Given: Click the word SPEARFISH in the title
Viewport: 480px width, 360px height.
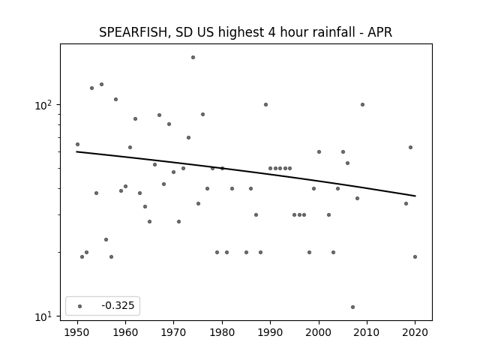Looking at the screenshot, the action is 134,32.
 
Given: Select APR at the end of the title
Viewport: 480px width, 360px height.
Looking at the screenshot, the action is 380,32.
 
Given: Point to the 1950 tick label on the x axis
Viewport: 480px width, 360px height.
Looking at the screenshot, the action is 77,332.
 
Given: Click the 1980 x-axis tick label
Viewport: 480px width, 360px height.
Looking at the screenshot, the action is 222,332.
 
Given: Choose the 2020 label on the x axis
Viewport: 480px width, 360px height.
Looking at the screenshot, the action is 415,332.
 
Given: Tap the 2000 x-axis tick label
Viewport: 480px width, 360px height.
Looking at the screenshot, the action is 319,332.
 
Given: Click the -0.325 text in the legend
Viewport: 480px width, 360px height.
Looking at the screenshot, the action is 118,305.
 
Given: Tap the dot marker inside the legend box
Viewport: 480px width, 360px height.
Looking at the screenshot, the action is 80,306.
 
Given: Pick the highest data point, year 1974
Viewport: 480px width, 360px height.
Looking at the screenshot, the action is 193,57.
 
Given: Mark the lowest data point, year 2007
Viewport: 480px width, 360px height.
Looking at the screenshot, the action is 352,307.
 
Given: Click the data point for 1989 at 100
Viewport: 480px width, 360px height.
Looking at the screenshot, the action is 265,105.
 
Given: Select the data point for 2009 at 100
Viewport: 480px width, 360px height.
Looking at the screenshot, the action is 362,105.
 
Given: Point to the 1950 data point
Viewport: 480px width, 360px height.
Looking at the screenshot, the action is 77,144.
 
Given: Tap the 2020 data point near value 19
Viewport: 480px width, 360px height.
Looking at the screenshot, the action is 415,256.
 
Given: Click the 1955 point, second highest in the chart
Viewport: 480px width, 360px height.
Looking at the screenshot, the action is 102,84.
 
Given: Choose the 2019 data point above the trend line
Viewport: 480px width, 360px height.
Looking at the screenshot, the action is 410,147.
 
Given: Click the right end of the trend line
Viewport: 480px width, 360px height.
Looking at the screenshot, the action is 415,196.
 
